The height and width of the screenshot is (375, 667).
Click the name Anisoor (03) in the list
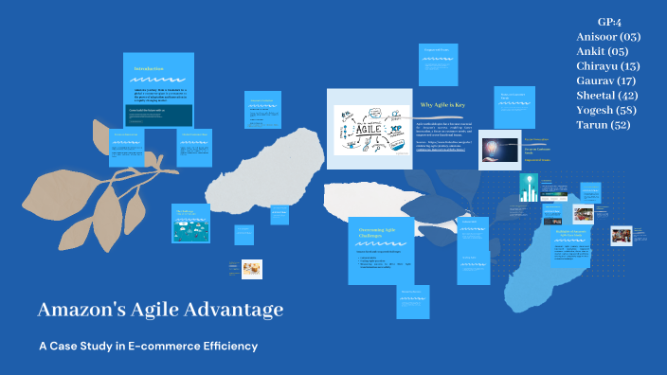[607, 37]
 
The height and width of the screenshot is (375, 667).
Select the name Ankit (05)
[602, 52]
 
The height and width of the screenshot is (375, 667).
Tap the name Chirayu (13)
[607, 66]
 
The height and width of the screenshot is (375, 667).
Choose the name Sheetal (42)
[607, 96]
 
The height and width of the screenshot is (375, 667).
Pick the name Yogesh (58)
[607, 111]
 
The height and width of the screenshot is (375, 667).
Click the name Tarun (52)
[603, 125]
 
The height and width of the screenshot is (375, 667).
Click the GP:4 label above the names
[608, 22]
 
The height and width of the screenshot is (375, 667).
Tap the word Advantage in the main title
[236, 310]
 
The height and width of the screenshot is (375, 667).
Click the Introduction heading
[149, 68]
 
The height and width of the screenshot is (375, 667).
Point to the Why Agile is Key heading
[442, 105]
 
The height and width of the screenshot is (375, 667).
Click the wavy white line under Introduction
[157, 80]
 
